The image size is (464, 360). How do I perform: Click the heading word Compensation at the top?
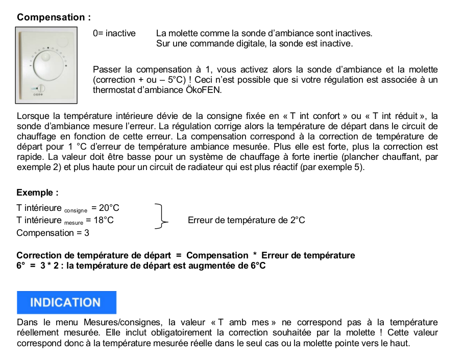(51, 17)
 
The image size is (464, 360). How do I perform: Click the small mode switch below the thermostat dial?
(40, 88)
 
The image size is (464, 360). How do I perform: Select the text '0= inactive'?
(114, 33)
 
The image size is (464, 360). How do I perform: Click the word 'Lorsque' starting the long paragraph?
(31, 116)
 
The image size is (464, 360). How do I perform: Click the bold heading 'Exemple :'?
(37, 193)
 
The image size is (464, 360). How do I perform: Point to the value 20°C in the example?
(109, 208)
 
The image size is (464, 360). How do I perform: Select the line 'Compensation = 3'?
(53, 233)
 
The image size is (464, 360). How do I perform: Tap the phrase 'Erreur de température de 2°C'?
(246, 221)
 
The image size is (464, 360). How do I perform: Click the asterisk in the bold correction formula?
(255, 255)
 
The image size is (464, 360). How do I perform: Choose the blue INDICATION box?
(66, 302)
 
